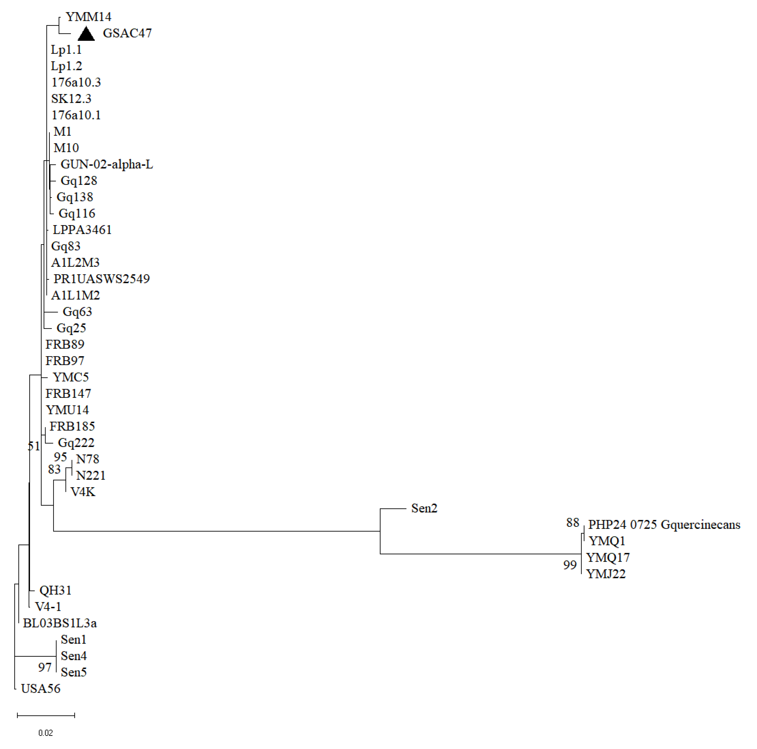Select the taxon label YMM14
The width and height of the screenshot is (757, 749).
[88, 17]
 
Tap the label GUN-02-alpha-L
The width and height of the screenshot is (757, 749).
[106, 164]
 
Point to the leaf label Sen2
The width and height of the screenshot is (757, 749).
[424, 508]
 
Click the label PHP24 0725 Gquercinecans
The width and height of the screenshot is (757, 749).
[664, 525]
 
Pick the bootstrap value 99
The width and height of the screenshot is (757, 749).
[570, 565]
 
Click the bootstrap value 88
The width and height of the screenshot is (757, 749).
[572, 522]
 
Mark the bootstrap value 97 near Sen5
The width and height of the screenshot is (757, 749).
[45, 667]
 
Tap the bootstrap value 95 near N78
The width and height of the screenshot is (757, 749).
[60, 457]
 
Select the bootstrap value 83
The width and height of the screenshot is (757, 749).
[54, 469]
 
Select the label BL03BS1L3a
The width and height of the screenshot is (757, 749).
[60, 623]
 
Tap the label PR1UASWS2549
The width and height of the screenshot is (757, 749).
[101, 279]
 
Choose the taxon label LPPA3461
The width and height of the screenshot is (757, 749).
[82, 230]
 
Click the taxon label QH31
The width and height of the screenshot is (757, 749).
[55, 590]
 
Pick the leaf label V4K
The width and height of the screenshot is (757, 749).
[83, 492]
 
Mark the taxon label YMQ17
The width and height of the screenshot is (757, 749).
[608, 557]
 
